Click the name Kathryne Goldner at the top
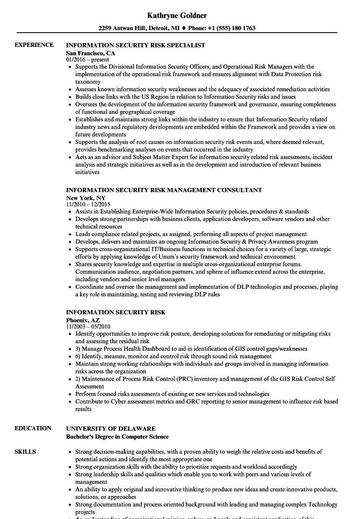[177, 15]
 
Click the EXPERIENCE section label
[34, 45]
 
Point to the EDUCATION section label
[33, 428]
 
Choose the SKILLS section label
[25, 452]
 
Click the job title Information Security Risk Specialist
[136, 45]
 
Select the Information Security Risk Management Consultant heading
[164, 190]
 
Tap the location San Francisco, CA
[90, 53]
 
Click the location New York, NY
[86, 198]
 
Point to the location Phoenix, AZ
[83, 320]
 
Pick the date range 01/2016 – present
[87, 60]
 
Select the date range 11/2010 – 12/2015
[88, 204]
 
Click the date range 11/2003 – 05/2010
[88, 327]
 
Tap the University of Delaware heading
[111, 429]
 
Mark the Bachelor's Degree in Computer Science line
[117, 437]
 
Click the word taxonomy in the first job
[88, 82]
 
